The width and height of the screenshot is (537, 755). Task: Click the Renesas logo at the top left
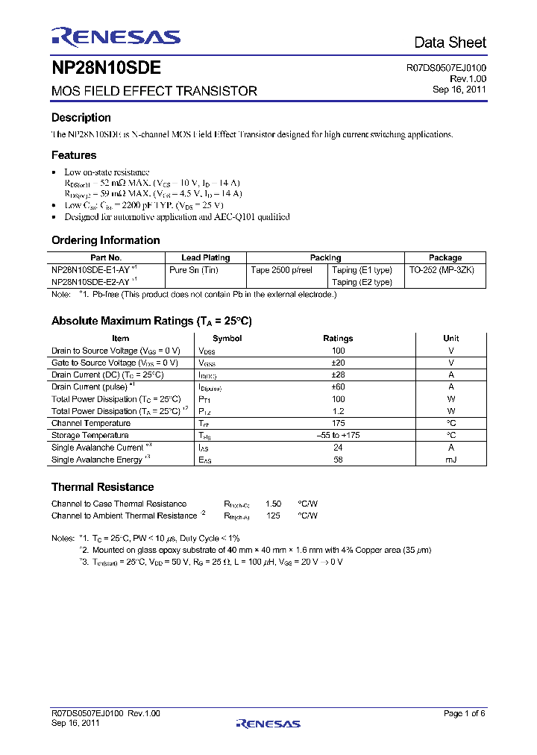tap(116, 38)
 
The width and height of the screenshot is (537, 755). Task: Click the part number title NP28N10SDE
tap(106, 69)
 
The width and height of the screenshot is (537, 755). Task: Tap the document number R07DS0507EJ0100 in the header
tap(446, 68)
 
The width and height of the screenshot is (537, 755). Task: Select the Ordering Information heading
tap(105, 240)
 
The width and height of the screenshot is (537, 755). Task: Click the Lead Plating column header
tap(206, 257)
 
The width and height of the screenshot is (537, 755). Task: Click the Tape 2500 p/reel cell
tap(281, 270)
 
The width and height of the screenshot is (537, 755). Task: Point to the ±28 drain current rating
tap(338, 375)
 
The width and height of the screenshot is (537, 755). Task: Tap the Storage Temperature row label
tap(90, 435)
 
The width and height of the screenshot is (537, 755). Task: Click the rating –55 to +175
tap(338, 435)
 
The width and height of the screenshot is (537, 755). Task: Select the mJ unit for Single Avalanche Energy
tap(450, 460)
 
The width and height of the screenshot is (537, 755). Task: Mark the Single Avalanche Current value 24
tap(338, 448)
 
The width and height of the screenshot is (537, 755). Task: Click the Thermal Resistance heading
tap(102, 487)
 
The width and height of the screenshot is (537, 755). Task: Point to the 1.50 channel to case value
tap(273, 504)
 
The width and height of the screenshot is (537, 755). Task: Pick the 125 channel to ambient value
tap(273, 516)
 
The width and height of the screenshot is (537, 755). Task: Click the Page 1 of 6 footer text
tap(464, 714)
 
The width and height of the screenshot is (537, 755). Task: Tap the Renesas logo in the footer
tap(268, 723)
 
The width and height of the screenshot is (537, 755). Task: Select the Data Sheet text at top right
tap(450, 43)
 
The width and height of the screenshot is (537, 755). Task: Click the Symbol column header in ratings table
tap(227, 338)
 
